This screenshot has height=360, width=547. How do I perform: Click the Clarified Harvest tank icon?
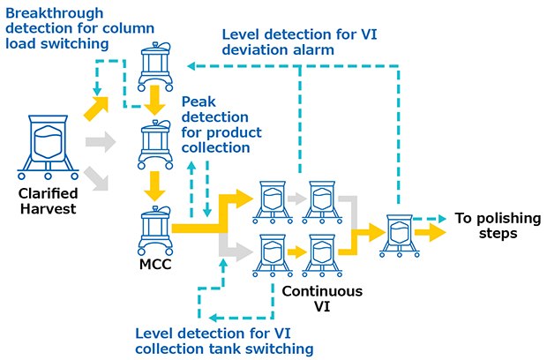49,141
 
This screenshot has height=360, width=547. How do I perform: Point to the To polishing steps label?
487,225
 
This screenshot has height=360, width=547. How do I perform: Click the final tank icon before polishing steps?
396,234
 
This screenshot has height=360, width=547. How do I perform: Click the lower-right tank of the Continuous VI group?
320,254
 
